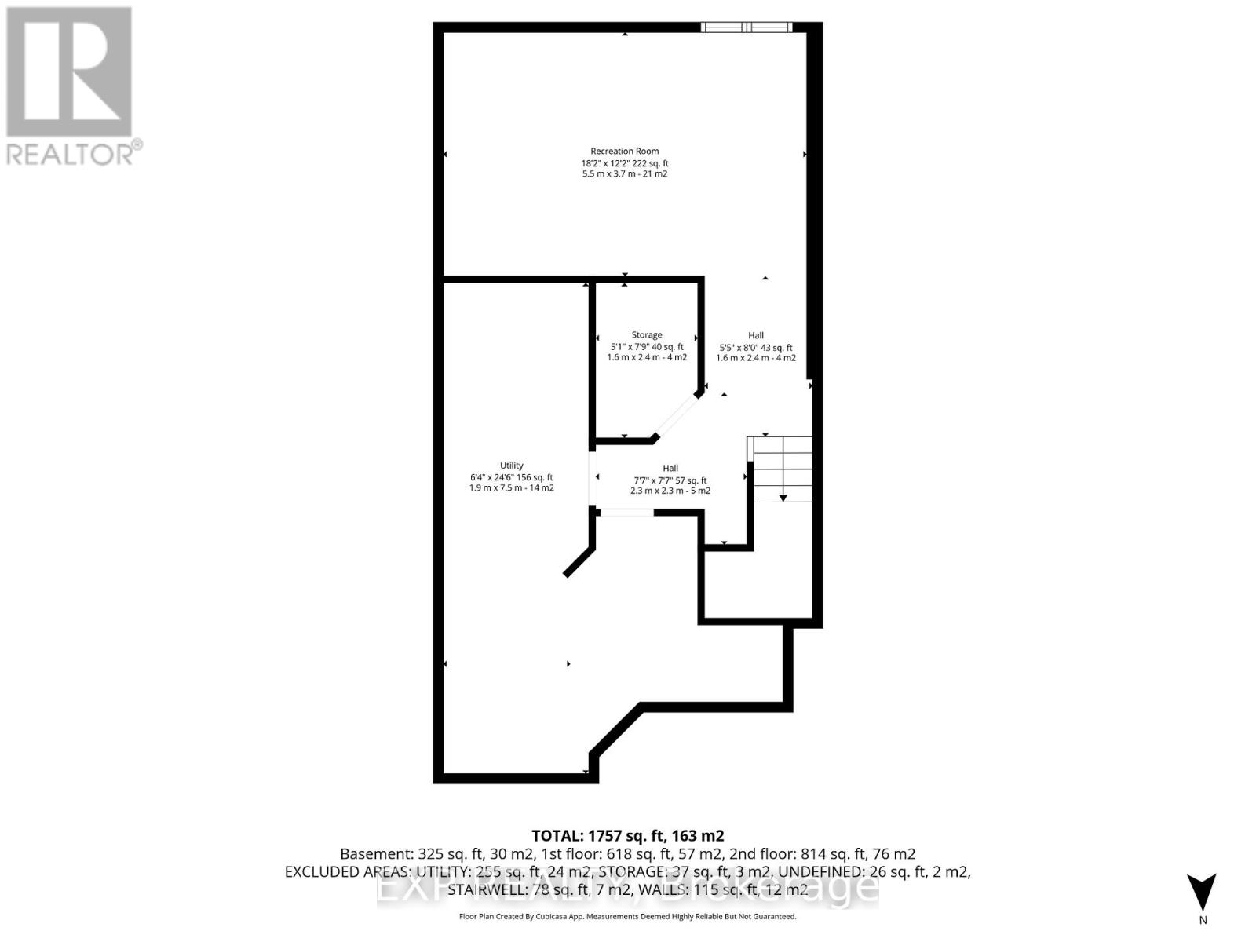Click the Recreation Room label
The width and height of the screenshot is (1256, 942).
tap(625, 151)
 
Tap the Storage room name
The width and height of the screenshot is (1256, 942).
tap(647, 334)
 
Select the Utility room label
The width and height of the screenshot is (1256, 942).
tap(511, 466)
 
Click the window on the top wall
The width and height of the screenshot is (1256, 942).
tap(747, 27)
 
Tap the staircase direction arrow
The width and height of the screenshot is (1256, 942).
tap(783, 497)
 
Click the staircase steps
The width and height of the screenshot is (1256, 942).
tap(782, 468)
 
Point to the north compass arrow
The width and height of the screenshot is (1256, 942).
tap(1202, 892)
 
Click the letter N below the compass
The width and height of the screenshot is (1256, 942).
tap(1203, 921)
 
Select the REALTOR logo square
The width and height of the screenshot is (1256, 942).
tap(69, 71)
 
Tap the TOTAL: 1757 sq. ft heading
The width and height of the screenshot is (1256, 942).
tap(627, 835)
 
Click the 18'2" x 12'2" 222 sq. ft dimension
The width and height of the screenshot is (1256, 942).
tap(625, 163)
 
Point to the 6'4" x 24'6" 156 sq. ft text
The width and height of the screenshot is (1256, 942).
tap(511, 477)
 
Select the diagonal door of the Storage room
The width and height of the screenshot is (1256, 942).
tap(676, 415)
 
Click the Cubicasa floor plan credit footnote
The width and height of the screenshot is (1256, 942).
tap(627, 916)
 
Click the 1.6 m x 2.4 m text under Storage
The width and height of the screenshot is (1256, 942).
tap(647, 357)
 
